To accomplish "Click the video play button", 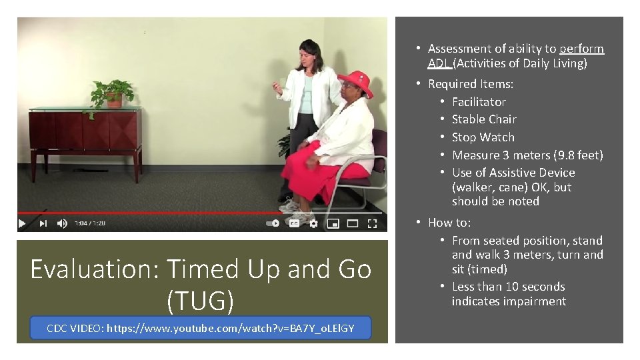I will coord(22,224).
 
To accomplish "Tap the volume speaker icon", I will coord(61,224).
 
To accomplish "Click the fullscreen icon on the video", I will coord(374,224).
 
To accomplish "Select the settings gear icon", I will coord(313,224).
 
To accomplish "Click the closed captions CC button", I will coord(293,224).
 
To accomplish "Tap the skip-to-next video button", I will coord(43,224).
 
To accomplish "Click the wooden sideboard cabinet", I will coord(85,133).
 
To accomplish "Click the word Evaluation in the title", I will coord(95,269).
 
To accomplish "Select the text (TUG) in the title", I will coord(201,301).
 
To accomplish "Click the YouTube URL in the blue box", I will coord(230,328).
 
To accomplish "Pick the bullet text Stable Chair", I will coord(484,119).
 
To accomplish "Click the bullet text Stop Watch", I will coord(483,137).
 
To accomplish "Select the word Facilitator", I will coord(479,102).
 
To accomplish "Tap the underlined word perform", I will coord(581,49).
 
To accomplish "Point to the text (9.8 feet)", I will coord(578,155).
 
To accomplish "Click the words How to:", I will coord(449,223).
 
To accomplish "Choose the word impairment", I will coord(533,301).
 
